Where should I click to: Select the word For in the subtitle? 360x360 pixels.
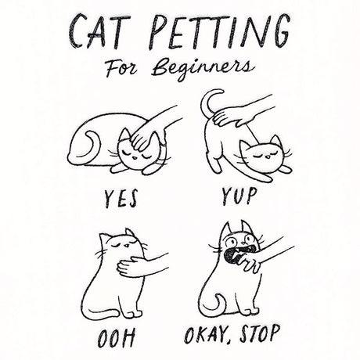121,68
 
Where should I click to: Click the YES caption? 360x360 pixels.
121,200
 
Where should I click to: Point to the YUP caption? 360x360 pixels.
239,196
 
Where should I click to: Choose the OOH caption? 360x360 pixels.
117,338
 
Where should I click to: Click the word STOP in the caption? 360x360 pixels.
260,334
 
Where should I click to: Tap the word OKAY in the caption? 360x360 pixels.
206,334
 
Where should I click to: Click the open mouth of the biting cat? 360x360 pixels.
232,256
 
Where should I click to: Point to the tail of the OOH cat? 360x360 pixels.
103,312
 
